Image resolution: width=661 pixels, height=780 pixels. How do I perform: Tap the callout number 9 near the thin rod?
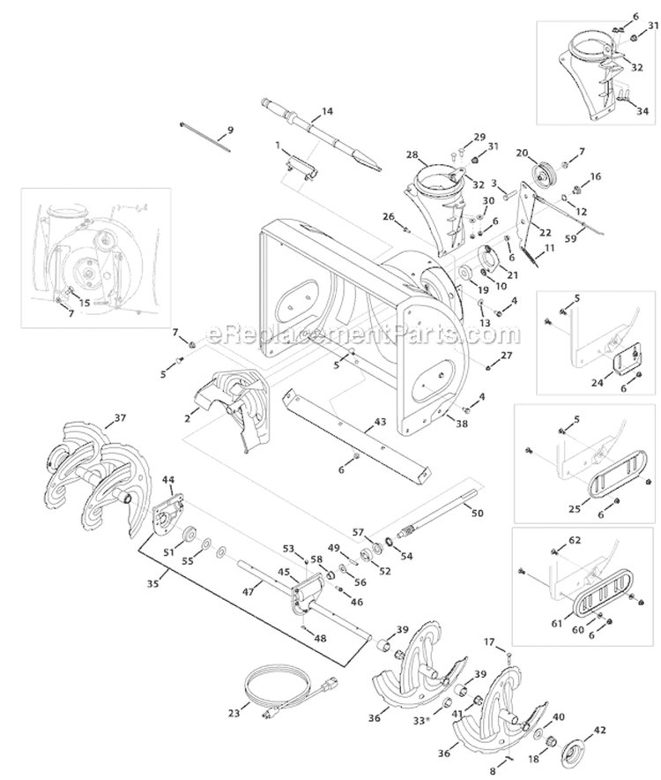click(230, 131)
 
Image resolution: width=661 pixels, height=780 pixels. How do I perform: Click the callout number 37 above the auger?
click(121, 418)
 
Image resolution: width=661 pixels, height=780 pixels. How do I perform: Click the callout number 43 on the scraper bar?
click(380, 422)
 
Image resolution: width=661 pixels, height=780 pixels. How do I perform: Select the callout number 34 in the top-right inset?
click(642, 110)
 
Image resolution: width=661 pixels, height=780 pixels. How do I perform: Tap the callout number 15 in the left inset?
click(85, 303)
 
